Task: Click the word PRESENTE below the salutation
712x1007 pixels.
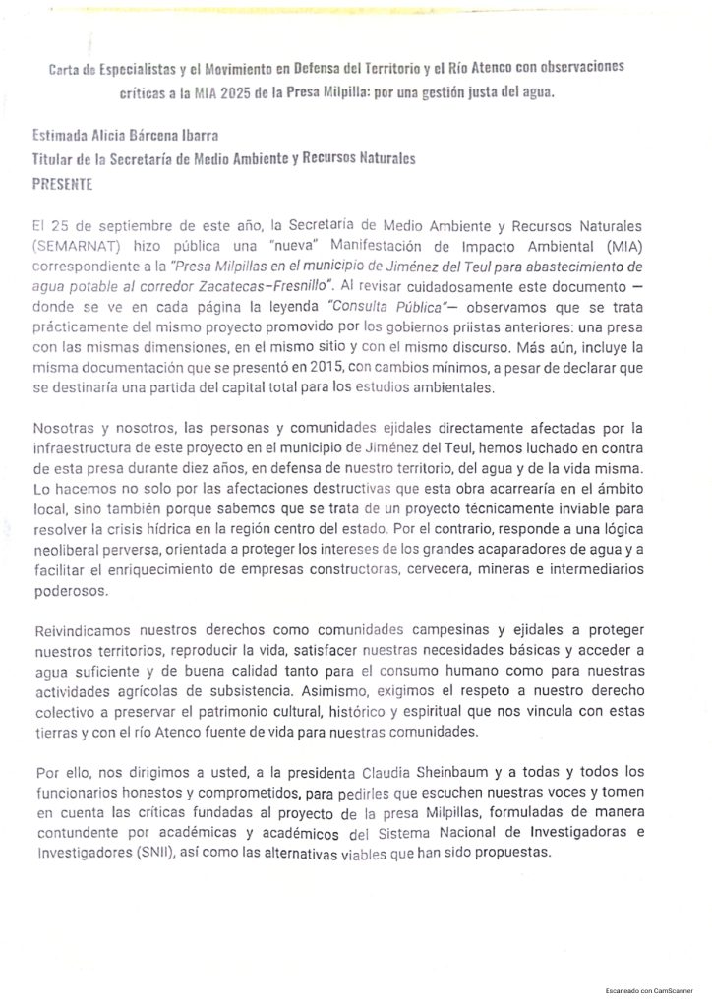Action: coord(63,184)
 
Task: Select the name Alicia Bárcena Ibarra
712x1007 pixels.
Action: coord(147,141)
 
